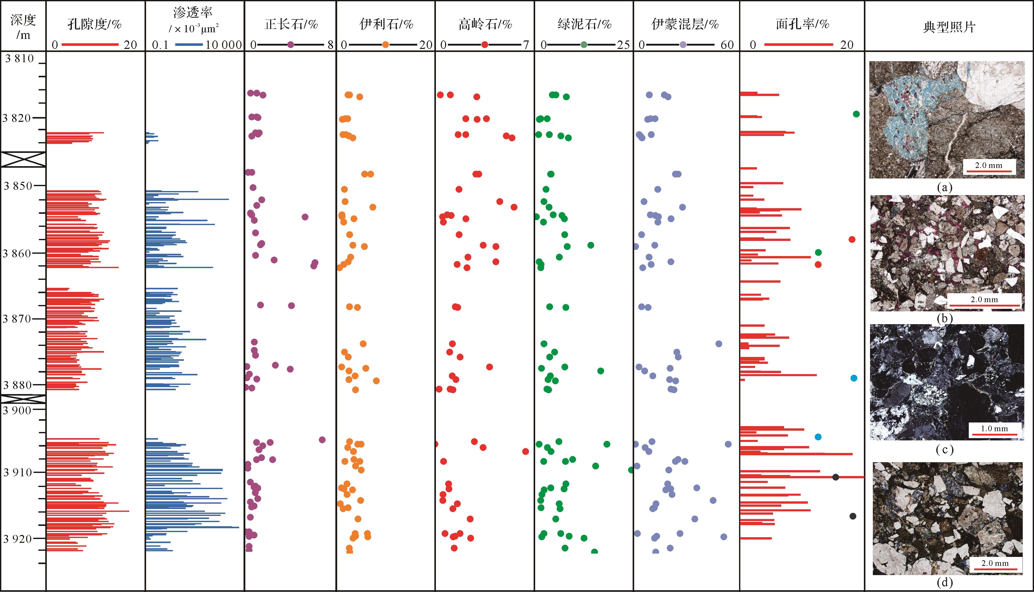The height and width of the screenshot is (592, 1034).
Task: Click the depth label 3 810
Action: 19,59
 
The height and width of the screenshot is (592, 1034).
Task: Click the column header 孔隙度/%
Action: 95,25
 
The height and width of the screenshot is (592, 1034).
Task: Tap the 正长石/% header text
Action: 291,25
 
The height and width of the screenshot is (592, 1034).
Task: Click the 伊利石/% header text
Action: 386,25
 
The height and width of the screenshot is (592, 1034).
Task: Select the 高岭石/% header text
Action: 485,25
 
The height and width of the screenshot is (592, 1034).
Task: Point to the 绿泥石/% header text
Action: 584,25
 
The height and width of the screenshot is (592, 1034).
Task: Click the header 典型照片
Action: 949,27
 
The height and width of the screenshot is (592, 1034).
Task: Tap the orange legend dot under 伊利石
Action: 386,45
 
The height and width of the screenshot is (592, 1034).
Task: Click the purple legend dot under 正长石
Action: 290,45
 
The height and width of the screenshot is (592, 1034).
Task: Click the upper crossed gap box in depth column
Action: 23,159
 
